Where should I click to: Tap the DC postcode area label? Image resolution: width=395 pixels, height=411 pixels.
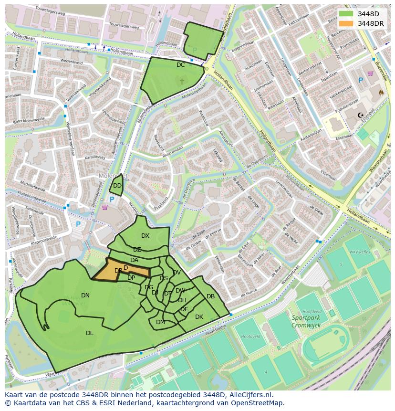[x=180, y=65]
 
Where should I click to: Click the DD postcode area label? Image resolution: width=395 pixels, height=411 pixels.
[x=117, y=186]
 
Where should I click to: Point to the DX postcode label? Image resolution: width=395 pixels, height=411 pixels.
[x=145, y=236]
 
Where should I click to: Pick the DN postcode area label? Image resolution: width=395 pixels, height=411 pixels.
[x=85, y=295]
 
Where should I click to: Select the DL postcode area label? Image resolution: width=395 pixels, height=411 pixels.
[x=90, y=333]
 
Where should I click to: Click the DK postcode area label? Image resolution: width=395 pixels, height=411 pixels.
[x=199, y=317]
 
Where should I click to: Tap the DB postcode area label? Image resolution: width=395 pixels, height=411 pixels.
[x=210, y=296]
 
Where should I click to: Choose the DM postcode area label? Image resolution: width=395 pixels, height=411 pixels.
[x=160, y=322]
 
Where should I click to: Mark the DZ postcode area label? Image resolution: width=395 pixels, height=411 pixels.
[x=137, y=250]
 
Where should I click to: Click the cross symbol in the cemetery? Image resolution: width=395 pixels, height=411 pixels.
[x=181, y=82]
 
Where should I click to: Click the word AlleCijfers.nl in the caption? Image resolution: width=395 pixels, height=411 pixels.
[x=250, y=395]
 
